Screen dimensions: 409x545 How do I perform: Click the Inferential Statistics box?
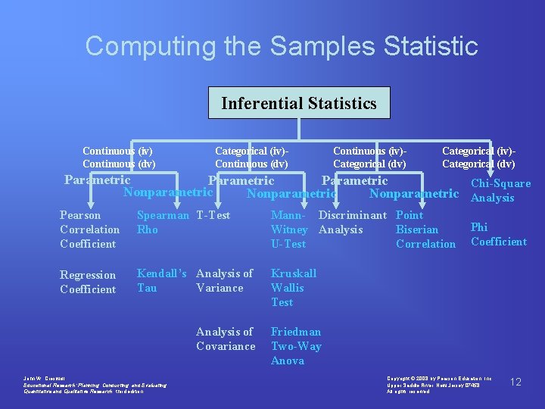pos(299,103)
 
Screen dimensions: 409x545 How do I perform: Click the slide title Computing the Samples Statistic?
pos(282,45)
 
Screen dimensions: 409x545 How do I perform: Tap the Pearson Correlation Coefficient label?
pos(89,229)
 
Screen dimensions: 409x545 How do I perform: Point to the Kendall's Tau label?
pos(161,280)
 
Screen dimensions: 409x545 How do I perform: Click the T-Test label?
pos(213,215)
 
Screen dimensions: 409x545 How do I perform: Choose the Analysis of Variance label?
pos(224,280)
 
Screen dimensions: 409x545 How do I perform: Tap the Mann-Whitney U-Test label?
pos(289,229)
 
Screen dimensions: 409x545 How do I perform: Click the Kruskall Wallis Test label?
pos(294,287)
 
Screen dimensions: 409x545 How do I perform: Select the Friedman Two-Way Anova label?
pos(296,346)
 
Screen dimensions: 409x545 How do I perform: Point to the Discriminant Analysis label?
pos(352,222)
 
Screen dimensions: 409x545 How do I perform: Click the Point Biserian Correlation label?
pos(425,229)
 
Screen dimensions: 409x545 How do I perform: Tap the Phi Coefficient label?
pos(498,234)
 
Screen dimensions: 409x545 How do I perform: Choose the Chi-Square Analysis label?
pos(500,190)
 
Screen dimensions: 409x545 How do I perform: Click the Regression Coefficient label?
pos(88,282)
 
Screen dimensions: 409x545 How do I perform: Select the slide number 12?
pos(515,382)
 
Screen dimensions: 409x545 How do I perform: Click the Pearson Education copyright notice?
pos(439,384)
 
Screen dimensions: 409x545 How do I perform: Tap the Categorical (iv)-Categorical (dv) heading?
pos(478,158)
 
